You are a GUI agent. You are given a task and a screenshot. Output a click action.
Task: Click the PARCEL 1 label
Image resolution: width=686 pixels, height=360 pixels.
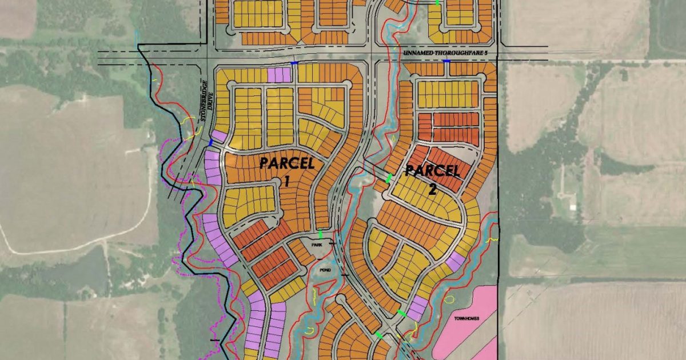pos(287,163)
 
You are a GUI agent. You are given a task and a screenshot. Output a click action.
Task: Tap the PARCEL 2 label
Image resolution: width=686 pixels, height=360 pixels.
pos(432,171)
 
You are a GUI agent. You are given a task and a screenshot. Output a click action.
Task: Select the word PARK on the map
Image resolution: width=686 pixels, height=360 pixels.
pos(317,245)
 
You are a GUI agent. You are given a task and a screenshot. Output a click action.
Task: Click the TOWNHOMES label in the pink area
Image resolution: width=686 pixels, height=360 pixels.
pos(466,318)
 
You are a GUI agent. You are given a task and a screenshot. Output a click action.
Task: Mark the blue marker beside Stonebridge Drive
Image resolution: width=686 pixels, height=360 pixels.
pos(211,143)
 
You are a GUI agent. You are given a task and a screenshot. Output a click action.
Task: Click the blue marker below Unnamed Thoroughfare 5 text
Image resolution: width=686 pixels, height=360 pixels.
pos(446,61)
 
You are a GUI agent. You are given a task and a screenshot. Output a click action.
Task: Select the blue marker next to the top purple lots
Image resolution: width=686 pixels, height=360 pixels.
pos(294,63)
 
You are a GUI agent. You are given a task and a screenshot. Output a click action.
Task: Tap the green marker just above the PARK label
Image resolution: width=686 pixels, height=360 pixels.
pos(321,234)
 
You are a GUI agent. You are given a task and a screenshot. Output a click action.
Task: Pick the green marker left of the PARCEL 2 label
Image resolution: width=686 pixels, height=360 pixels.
pos(389,178)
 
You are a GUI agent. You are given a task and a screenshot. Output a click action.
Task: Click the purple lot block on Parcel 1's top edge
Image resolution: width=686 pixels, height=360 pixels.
pos(279,75)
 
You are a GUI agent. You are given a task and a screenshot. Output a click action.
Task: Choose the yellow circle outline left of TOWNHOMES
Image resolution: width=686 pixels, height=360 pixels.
pos(449,298)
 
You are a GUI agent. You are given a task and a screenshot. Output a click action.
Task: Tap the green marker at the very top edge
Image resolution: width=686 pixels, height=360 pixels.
pos(438,3)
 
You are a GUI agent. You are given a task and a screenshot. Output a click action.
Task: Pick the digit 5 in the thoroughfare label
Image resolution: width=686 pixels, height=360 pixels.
pos(488,53)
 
